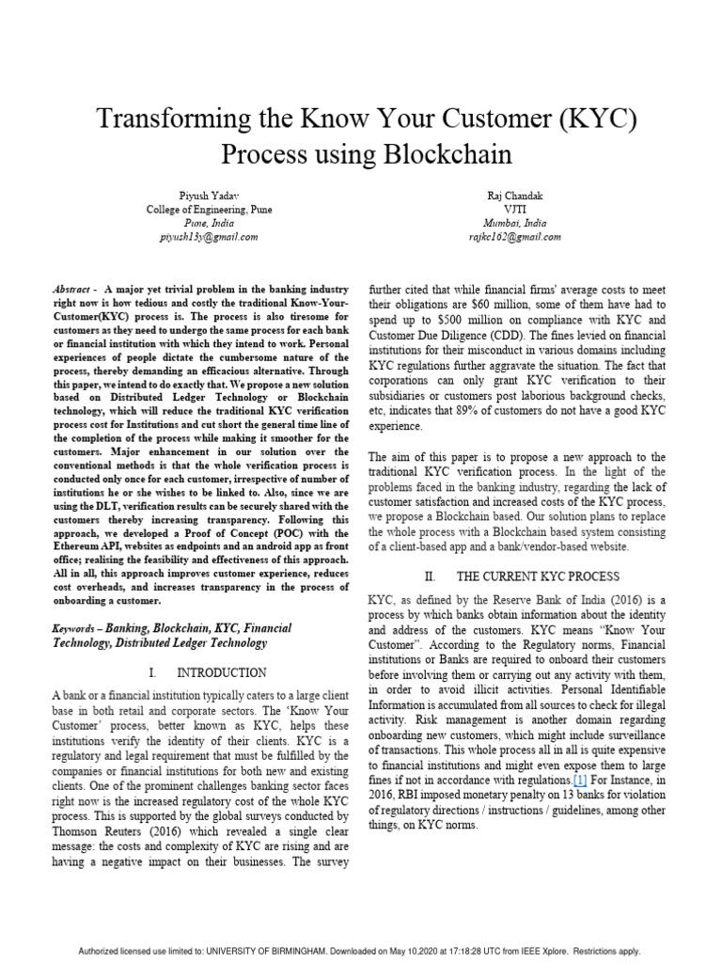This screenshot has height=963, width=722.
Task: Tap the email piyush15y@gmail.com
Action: point(209,237)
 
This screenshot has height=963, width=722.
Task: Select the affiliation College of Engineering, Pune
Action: point(209,210)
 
